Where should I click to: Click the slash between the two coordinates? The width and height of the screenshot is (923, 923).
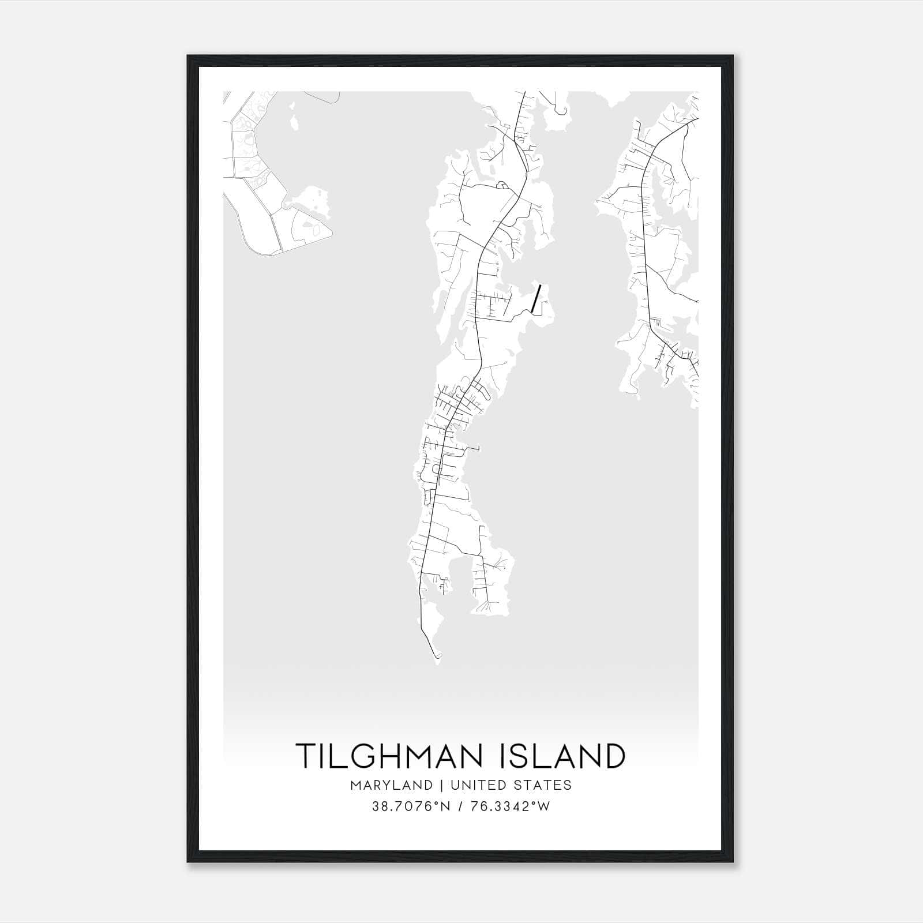[x=459, y=806]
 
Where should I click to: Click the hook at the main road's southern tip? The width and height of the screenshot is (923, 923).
[x=438, y=656]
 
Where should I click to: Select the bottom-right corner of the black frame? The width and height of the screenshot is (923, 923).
[x=733, y=862]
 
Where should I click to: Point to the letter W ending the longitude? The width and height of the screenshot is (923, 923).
[x=544, y=806]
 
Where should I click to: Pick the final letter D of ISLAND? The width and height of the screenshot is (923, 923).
[x=614, y=756]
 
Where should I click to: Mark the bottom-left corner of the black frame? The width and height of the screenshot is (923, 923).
[x=188, y=862]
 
